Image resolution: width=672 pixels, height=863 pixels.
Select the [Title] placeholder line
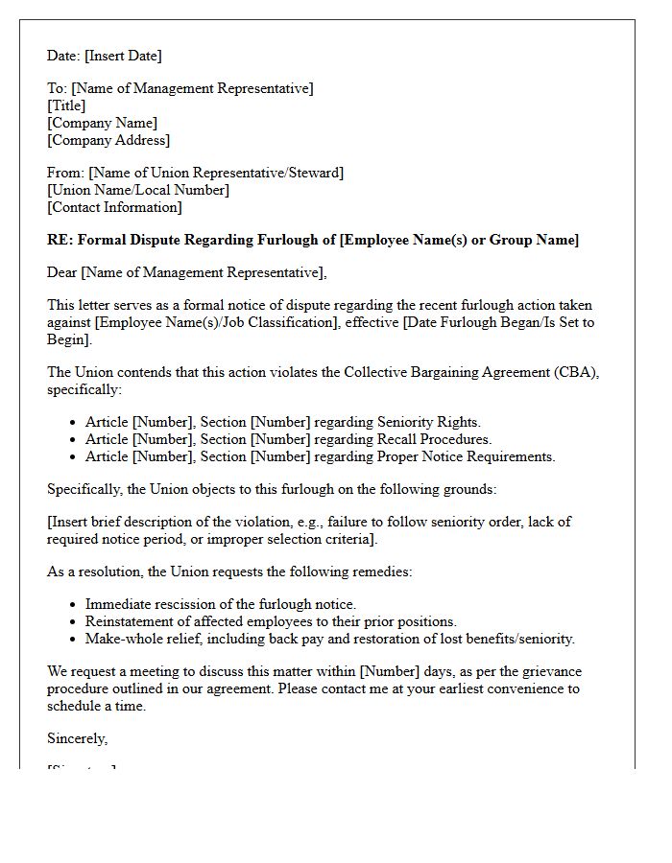tap(66, 105)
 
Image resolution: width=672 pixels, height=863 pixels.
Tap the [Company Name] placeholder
tap(102, 123)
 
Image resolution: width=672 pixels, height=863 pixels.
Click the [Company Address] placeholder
tap(108, 140)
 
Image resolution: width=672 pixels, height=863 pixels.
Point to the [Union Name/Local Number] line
tap(138, 190)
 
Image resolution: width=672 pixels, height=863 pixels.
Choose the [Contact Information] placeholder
tap(114, 207)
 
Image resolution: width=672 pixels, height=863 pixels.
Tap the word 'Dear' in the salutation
tap(62, 272)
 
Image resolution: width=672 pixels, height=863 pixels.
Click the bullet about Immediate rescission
tap(220, 604)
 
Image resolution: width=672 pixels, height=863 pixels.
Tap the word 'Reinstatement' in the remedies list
tap(130, 621)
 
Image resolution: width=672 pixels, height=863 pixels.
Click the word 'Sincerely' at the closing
tap(77, 738)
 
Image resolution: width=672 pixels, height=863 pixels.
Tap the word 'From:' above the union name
tap(65, 173)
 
